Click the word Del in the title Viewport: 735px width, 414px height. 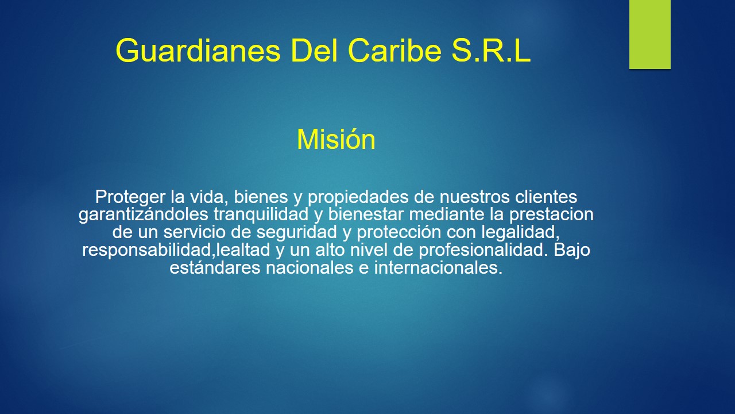pyautogui.click(x=316, y=52)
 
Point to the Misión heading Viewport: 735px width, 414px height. pyautogui.click(x=336, y=140)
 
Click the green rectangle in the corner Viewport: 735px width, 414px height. pyautogui.click(x=649, y=34)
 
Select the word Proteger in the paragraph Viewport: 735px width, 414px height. pyautogui.click(x=130, y=197)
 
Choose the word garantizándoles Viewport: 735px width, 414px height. pyautogui.click(x=144, y=215)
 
